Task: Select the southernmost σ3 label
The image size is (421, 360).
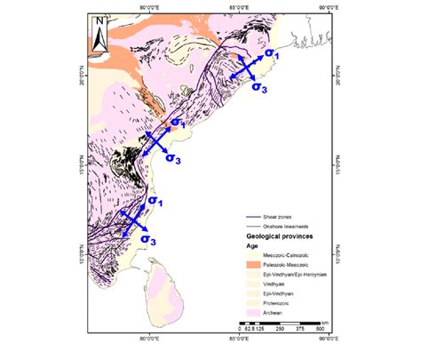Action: point(152,240)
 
